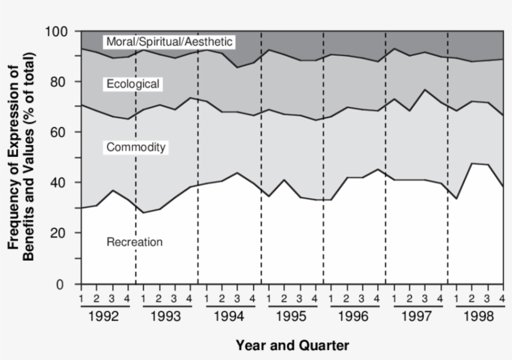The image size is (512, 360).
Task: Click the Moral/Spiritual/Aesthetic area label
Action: click(169, 42)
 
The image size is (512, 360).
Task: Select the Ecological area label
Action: click(133, 84)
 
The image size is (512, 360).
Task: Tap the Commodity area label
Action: click(135, 147)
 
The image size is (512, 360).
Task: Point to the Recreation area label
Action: click(135, 242)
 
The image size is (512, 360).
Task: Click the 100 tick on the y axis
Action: click(61, 31)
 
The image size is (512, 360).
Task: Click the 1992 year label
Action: click(104, 316)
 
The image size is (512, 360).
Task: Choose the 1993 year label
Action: click(167, 316)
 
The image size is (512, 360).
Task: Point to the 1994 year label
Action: click(229, 316)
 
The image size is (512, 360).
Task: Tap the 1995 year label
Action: click(292, 316)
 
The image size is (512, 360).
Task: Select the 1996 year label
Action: click(354, 316)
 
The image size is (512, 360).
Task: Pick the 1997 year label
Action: click(416, 316)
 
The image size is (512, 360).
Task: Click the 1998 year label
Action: click(479, 316)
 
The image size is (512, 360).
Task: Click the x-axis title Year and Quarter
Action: click(292, 345)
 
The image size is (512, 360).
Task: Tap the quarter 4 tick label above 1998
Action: click(502, 297)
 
